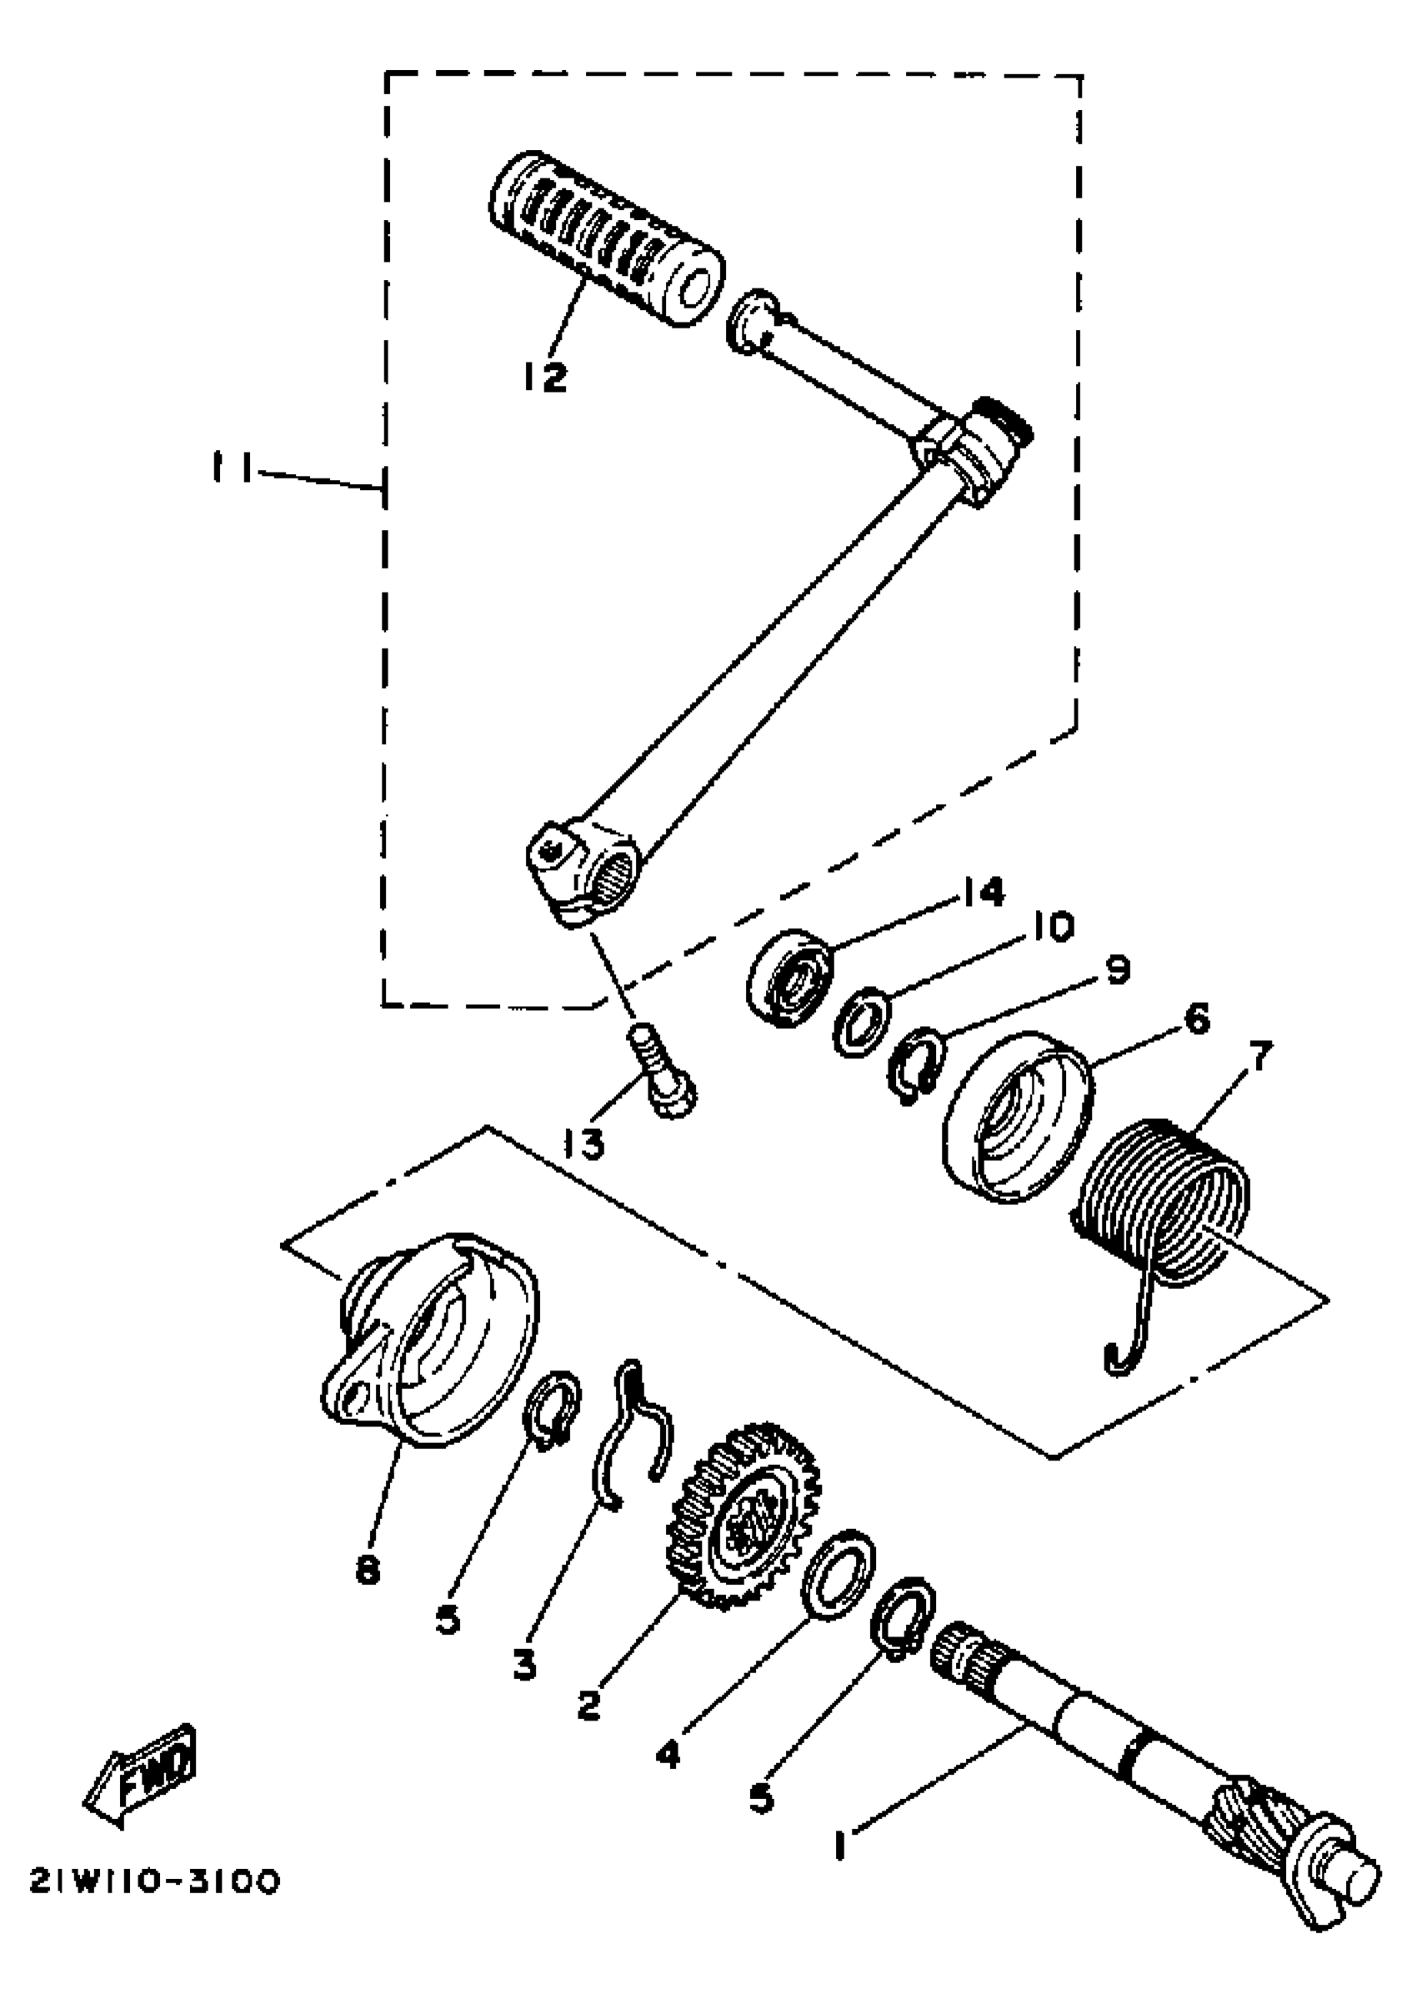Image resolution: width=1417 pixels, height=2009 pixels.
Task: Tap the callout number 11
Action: [231, 468]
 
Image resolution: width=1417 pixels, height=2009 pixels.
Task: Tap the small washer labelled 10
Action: [862, 1020]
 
